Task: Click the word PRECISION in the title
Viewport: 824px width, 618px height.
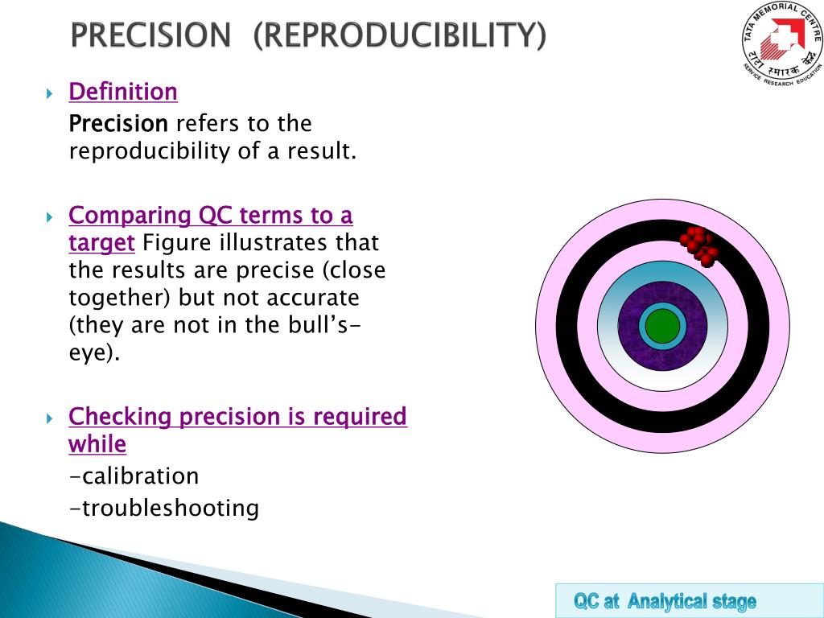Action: (150, 35)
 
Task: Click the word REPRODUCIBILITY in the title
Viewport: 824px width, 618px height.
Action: (399, 35)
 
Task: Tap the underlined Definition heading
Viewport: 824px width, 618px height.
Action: (123, 92)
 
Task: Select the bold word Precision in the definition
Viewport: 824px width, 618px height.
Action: (118, 124)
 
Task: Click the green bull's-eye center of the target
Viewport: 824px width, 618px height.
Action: (662, 326)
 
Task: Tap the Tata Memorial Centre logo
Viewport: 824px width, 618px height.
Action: (781, 42)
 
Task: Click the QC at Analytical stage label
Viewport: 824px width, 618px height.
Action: (665, 601)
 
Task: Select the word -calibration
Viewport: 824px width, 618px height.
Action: (134, 476)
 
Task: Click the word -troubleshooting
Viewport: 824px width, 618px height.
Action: (164, 508)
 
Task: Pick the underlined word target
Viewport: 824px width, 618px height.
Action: (101, 242)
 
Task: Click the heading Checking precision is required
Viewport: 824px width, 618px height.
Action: (237, 417)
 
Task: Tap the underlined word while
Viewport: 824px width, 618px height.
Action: (97, 444)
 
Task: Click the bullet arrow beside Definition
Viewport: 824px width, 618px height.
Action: (50, 93)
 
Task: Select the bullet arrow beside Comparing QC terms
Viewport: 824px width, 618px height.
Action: (50, 217)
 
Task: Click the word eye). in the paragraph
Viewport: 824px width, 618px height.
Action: (94, 352)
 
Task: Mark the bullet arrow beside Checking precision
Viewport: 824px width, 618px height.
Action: (50, 418)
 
